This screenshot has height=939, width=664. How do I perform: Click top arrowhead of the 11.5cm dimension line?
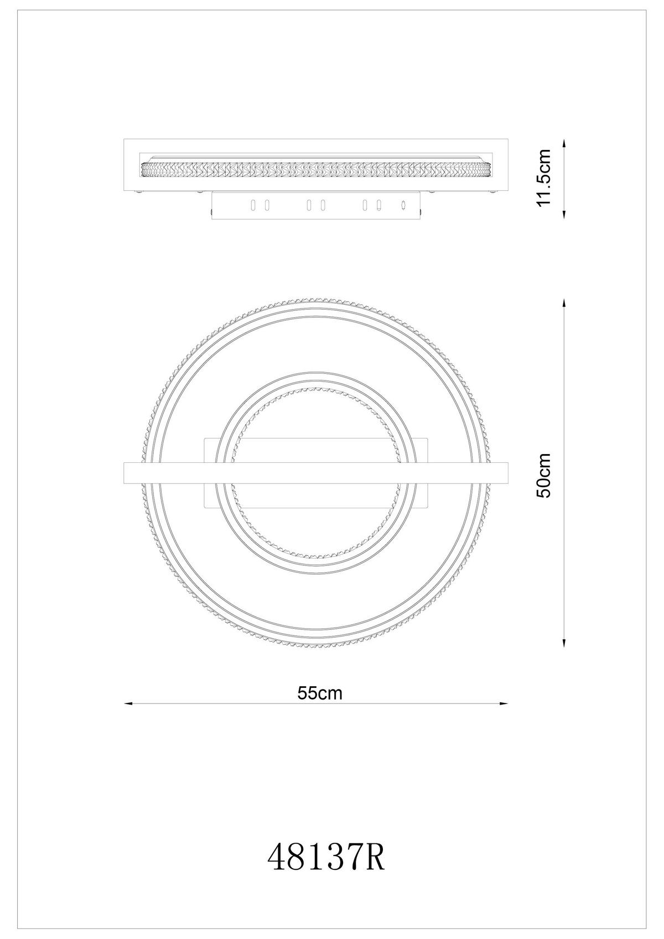(x=563, y=142)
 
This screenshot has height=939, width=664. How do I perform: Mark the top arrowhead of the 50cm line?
(x=563, y=302)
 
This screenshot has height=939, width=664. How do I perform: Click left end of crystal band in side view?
(x=143, y=169)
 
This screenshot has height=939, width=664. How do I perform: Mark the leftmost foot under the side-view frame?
(x=139, y=192)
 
